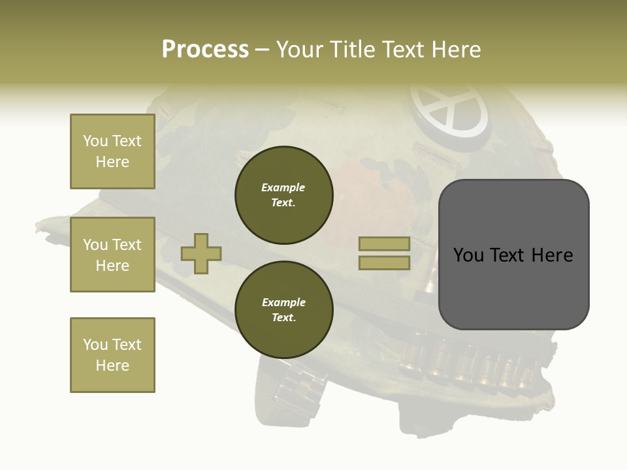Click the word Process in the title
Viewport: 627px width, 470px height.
(x=205, y=49)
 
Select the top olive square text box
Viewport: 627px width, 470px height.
(x=112, y=151)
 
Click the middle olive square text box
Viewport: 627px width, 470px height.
(x=112, y=255)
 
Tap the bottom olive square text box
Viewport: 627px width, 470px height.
(x=112, y=354)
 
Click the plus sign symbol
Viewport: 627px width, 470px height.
(x=201, y=253)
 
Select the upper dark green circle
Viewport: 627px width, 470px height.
(x=283, y=195)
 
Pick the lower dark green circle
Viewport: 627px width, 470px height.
(x=283, y=309)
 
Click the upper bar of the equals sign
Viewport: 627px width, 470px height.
(x=384, y=244)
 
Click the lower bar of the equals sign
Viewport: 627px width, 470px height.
(x=384, y=262)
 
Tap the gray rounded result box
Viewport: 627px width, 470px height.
(x=513, y=254)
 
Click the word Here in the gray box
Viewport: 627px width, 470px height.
(x=551, y=255)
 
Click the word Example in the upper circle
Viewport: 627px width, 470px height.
(x=283, y=187)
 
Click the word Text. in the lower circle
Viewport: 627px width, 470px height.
(x=283, y=317)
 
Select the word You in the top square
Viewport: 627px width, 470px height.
(x=95, y=141)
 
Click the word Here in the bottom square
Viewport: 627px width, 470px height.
(x=112, y=366)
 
